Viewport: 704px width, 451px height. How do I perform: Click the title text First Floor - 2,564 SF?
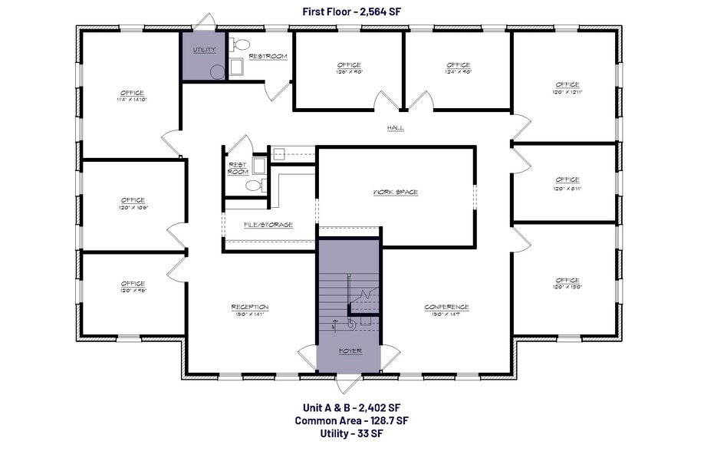click(x=351, y=11)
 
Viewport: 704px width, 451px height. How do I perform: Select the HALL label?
click(x=396, y=128)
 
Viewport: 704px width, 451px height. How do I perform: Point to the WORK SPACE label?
click(x=396, y=192)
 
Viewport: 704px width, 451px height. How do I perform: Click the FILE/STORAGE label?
click(x=268, y=225)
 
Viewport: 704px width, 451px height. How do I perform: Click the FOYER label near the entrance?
click(x=350, y=351)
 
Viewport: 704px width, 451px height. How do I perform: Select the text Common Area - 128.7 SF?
click(x=351, y=421)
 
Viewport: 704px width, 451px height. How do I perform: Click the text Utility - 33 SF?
click(x=351, y=434)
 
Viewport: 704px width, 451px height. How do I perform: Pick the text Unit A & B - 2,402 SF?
click(x=351, y=408)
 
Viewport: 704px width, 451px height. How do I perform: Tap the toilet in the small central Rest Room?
click(x=260, y=185)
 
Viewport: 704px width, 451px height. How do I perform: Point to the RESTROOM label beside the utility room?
click(x=268, y=56)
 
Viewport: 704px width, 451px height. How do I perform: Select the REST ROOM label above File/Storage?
click(x=237, y=168)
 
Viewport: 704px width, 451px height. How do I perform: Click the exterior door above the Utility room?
click(x=203, y=23)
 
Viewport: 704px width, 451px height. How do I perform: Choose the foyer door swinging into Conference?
click(x=390, y=356)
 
